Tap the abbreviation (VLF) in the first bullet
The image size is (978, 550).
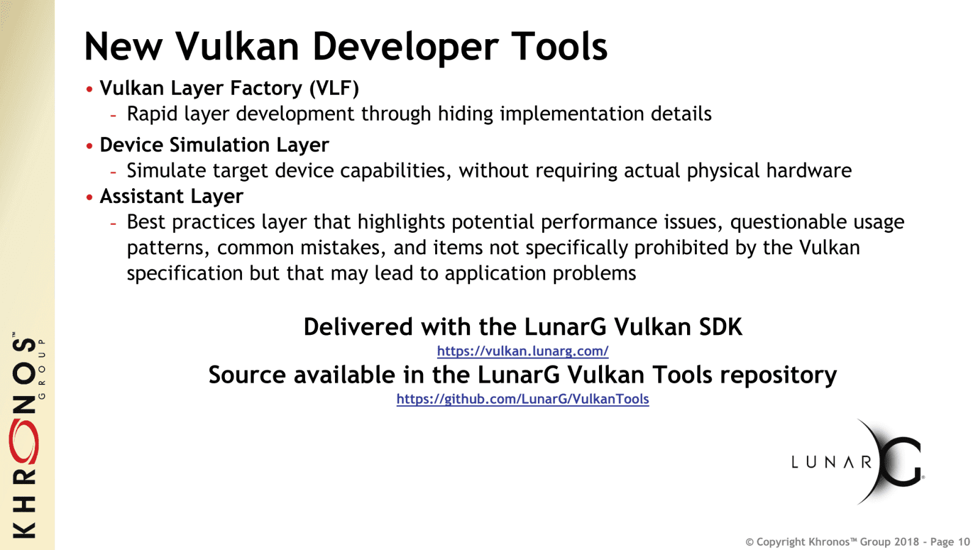(x=334, y=89)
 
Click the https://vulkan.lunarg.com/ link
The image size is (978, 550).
(x=523, y=351)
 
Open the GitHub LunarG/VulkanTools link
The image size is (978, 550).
(x=523, y=399)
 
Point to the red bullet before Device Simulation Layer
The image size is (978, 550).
(x=90, y=146)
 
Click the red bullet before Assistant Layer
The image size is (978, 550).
(x=90, y=197)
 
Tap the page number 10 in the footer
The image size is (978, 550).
(x=963, y=542)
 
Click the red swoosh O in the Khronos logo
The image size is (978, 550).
(x=24, y=441)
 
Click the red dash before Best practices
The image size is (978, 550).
(x=114, y=224)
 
